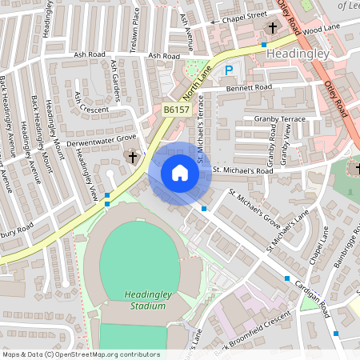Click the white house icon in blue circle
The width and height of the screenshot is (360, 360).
[180, 173]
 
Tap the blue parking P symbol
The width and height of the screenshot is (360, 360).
[229, 70]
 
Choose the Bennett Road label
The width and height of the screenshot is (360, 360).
[250, 86]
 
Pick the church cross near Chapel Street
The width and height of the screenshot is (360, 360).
[272, 28]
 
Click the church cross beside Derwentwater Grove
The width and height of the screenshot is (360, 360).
[133, 158]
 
